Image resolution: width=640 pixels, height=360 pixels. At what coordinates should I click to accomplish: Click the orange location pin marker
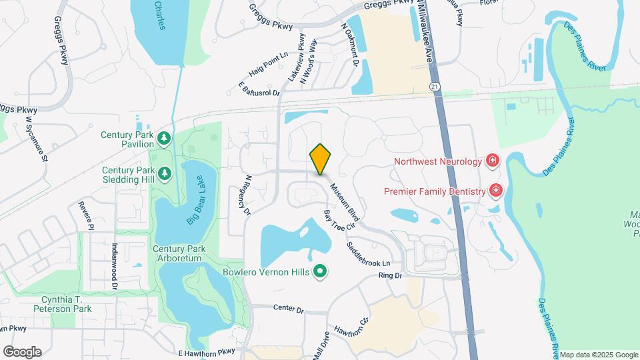pos(320,159)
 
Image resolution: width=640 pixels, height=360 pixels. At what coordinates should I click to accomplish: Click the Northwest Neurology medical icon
pos(493,161)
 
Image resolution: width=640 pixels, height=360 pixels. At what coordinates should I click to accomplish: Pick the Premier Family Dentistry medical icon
pos(495,192)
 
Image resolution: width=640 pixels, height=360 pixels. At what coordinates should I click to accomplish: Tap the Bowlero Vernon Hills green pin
pos(320,271)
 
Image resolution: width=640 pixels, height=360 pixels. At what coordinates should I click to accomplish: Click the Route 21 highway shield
pos(435,87)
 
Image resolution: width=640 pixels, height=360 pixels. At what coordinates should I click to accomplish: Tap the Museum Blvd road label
pos(345,203)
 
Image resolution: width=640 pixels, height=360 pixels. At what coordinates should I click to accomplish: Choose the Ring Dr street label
pos(391,275)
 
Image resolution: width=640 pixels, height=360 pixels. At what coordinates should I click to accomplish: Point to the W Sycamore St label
pos(37,139)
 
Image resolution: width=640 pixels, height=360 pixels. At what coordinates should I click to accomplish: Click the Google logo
pos(22,352)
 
